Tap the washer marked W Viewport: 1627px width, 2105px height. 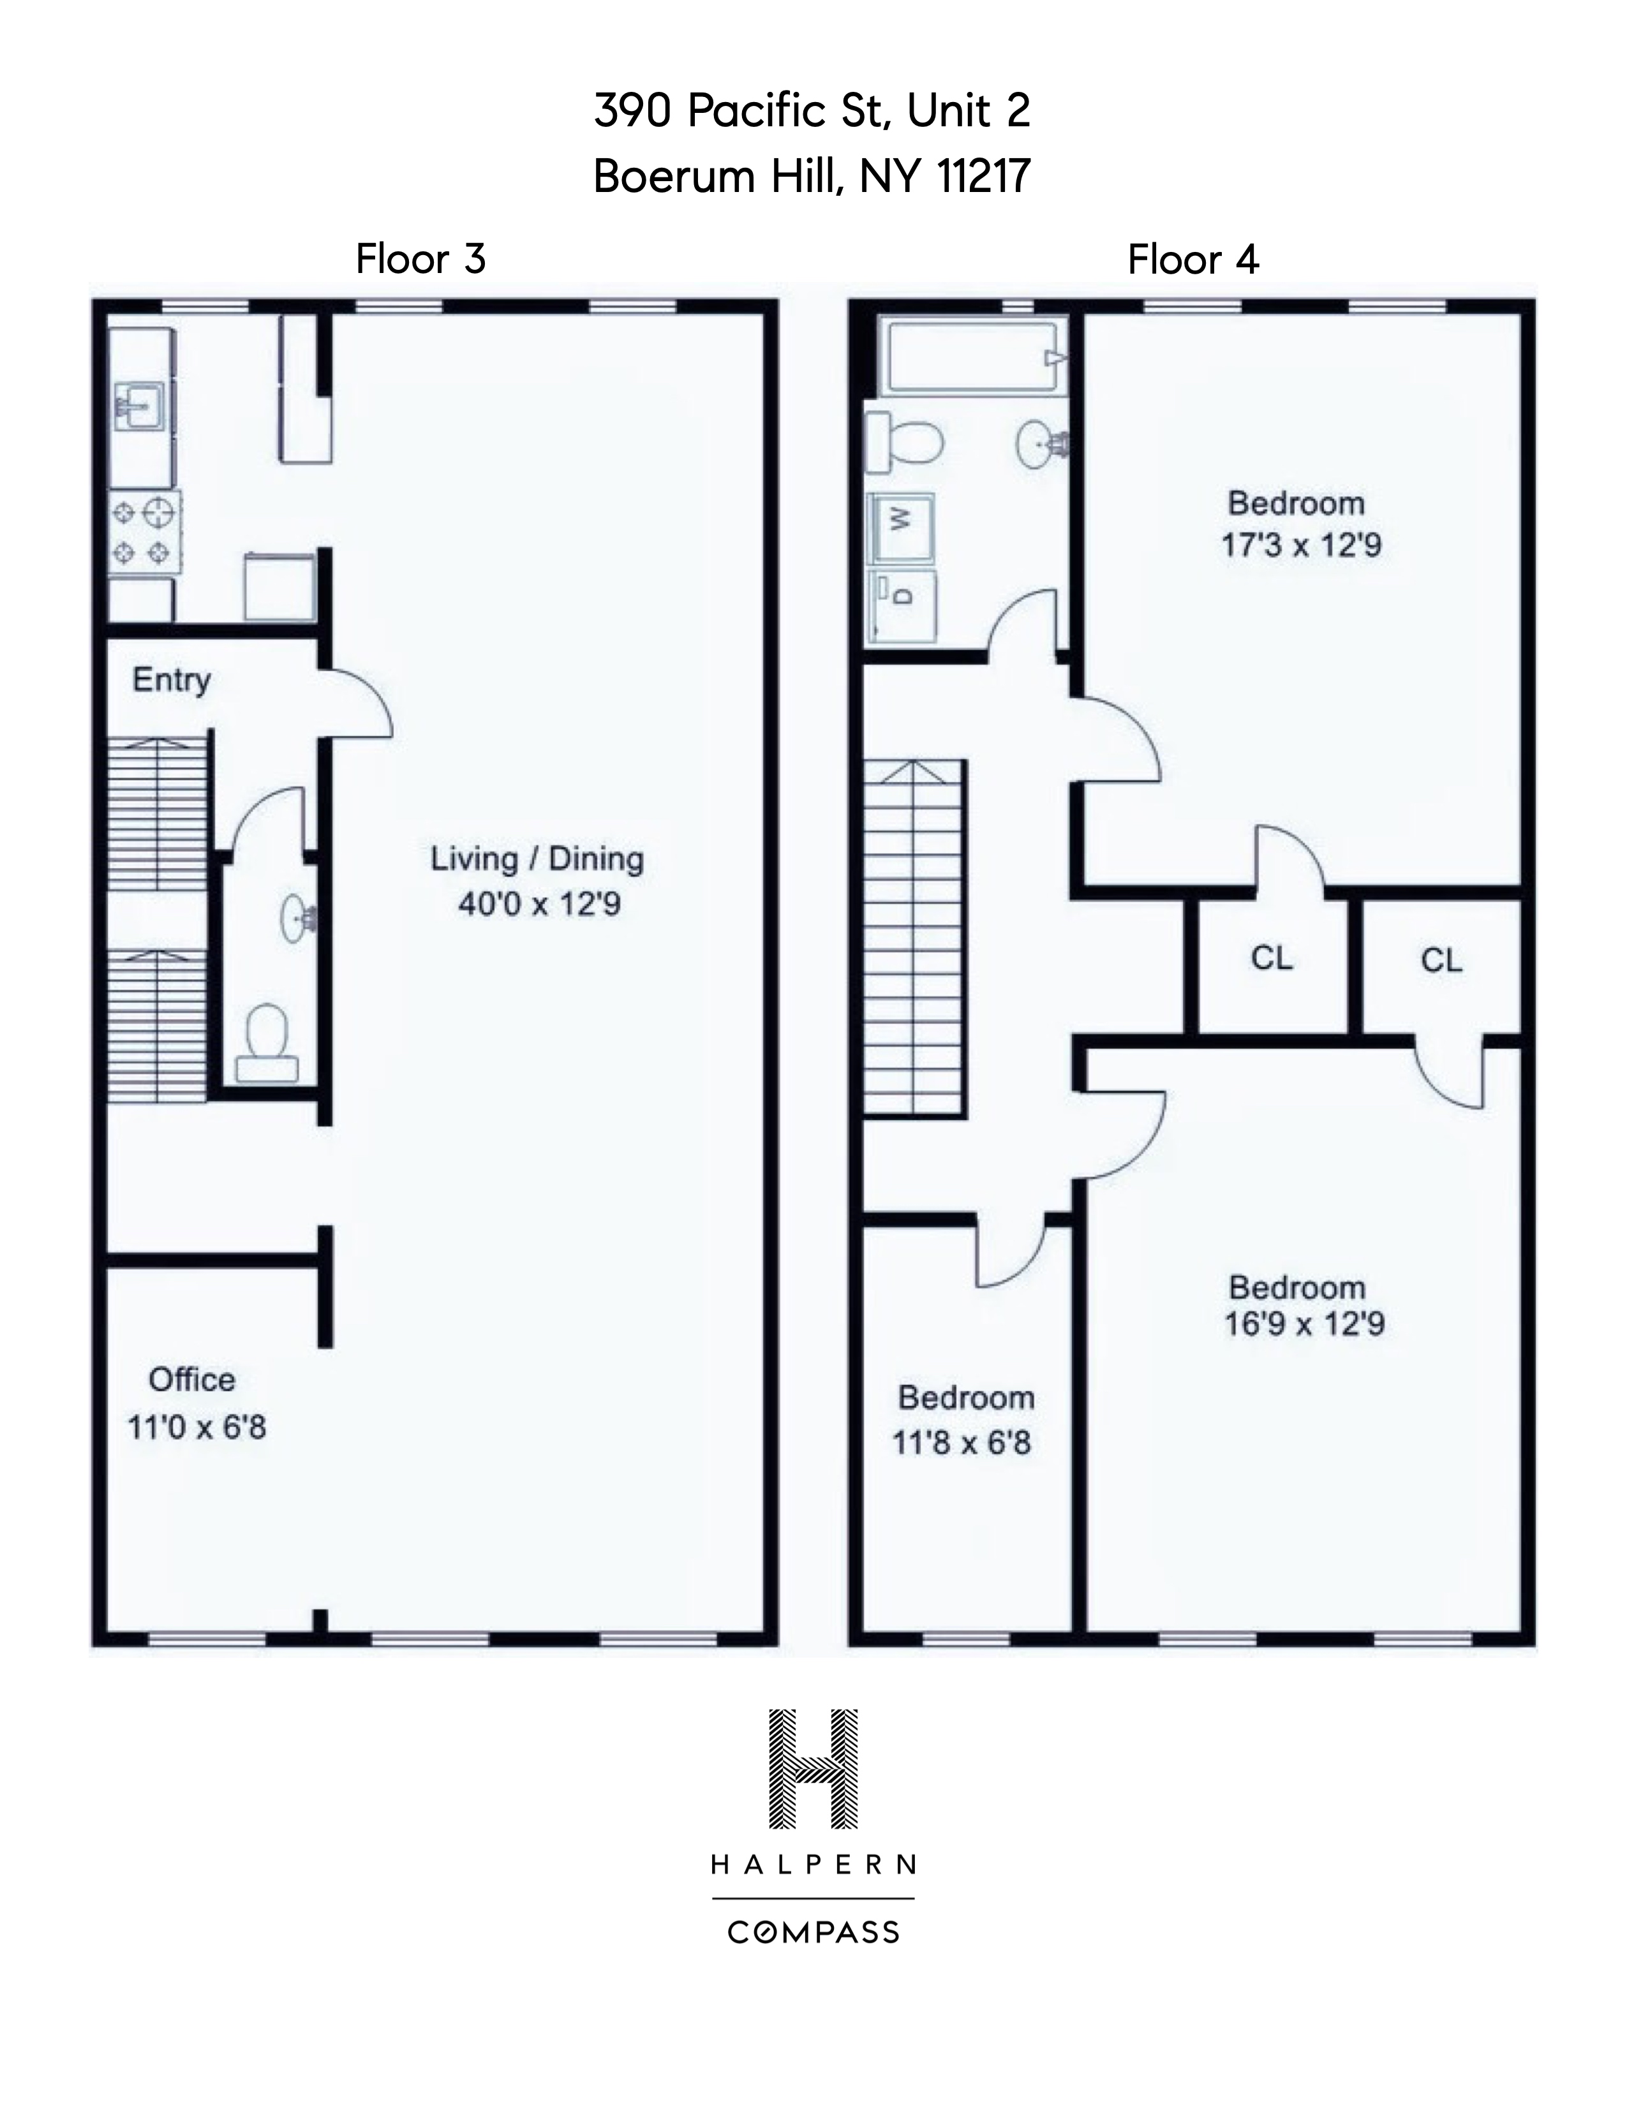coord(901,528)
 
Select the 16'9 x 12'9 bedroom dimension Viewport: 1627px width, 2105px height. coord(1304,1324)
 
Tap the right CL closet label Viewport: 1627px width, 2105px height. coord(1440,960)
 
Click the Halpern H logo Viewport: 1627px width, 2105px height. coord(812,1769)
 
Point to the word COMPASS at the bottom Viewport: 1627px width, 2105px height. coord(812,1933)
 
